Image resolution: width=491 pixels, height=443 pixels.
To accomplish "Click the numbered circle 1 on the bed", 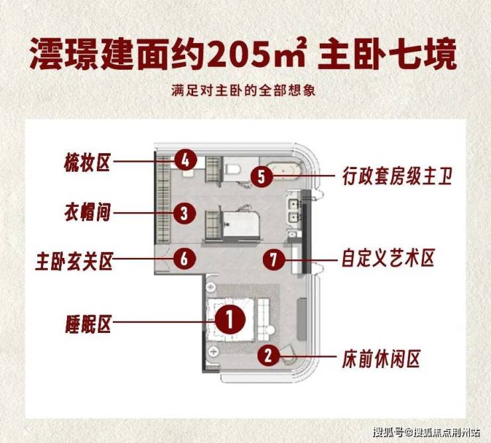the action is coord(230,320).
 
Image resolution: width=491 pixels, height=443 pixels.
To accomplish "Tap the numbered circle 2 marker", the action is coord(269,355).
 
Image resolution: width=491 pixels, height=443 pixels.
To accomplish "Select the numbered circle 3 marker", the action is coord(184,213).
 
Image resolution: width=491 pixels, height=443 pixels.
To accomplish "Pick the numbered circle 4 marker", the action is coord(186,160).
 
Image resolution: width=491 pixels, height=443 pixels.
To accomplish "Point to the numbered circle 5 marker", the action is coord(261,176).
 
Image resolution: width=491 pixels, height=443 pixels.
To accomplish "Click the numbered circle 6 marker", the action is coord(184,259).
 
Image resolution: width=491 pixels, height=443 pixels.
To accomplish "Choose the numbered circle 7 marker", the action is coord(274,259).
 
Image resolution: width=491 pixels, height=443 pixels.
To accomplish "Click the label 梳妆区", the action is coord(87,162).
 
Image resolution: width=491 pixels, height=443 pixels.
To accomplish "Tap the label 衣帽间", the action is coord(88,212).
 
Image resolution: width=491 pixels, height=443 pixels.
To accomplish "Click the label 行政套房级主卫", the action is coord(397,176).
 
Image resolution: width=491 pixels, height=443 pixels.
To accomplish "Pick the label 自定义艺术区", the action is coord(388,259).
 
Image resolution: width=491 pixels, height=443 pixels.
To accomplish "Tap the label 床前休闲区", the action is coord(381,359).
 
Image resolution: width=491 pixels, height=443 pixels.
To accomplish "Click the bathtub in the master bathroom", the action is coord(285,172).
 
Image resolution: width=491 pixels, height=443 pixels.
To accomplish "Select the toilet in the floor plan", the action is coord(232,169).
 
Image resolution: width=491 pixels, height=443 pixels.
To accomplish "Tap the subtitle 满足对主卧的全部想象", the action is coord(243,90).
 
